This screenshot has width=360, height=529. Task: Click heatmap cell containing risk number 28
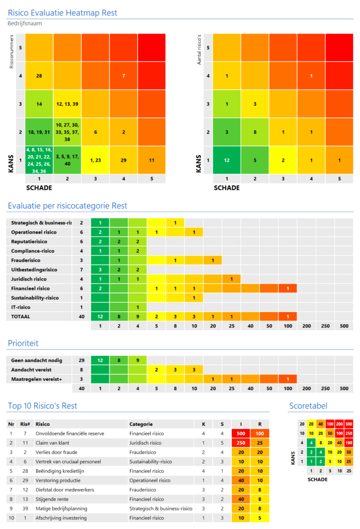39,76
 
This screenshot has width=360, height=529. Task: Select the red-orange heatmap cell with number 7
123,76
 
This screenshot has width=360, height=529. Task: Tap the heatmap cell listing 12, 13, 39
67,104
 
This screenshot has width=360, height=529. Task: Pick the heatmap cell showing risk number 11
151,160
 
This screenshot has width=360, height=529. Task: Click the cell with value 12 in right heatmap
227,160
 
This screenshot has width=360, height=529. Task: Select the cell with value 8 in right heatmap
255,132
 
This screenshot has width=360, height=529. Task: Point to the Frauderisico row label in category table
27,260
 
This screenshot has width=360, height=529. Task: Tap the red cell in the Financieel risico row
288,288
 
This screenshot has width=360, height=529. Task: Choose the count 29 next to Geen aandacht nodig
82,361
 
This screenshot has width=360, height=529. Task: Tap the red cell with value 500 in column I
241,433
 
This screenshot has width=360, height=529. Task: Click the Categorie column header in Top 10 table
140,424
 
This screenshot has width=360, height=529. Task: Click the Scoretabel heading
308,406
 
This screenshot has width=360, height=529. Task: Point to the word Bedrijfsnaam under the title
25,23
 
